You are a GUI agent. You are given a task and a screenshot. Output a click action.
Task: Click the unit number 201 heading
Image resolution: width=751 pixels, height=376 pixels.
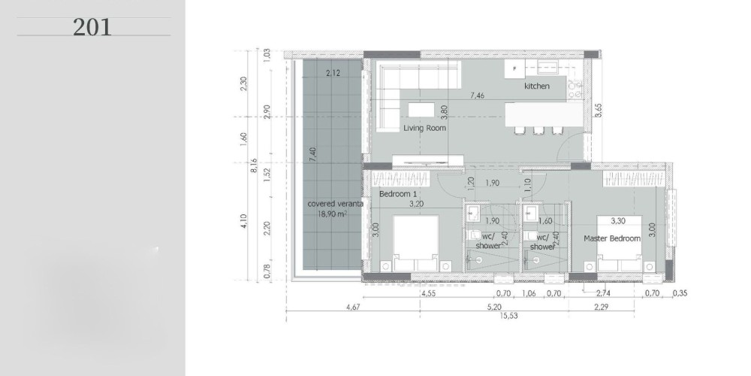pyautogui.click(x=92, y=27)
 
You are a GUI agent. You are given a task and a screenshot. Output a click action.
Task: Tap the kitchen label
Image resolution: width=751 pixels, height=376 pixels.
pyautogui.click(x=537, y=86)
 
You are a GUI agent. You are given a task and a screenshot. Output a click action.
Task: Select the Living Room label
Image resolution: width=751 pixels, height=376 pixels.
pyautogui.click(x=424, y=128)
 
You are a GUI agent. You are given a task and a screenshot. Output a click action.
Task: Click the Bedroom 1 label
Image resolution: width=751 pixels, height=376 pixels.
pyautogui.click(x=397, y=194)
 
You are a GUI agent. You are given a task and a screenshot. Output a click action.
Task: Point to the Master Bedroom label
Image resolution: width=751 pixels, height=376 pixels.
pyautogui.click(x=611, y=238)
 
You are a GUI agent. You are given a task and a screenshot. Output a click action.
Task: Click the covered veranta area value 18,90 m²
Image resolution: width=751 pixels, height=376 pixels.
pyautogui.click(x=333, y=214)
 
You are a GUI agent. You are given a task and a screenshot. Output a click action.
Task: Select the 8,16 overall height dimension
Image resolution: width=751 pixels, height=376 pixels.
pyautogui.click(x=255, y=167)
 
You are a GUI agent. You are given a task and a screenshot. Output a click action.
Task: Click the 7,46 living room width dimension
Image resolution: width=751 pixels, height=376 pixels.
pyautogui.click(x=477, y=96)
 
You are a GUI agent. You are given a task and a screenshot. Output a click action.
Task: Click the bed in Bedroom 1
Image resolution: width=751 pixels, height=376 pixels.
pyautogui.click(x=416, y=244)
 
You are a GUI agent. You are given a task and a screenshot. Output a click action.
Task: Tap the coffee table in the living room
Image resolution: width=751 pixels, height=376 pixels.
pyautogui.click(x=421, y=110)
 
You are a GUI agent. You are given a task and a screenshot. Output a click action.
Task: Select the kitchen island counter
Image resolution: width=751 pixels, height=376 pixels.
pyautogui.click(x=544, y=114)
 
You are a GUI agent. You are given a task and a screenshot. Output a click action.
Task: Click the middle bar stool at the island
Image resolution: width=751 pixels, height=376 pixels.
pyautogui.click(x=538, y=130)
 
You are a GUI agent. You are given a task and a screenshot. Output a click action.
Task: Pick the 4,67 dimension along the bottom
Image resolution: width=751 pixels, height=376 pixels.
pyautogui.click(x=352, y=307)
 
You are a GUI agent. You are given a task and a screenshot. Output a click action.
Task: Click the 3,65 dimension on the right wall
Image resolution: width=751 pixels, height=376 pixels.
pyautogui.click(x=599, y=110)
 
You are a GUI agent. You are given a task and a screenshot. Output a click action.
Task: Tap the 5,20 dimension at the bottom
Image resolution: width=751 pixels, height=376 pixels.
pyautogui.click(x=494, y=307)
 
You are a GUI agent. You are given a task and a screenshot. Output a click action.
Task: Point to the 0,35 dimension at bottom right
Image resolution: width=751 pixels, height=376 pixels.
pyautogui.click(x=680, y=293)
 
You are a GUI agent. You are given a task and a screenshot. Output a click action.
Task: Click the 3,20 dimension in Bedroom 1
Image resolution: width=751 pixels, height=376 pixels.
pyautogui.click(x=416, y=204)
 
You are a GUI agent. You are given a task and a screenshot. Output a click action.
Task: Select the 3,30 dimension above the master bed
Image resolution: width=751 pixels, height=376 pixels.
pyautogui.click(x=618, y=221)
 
